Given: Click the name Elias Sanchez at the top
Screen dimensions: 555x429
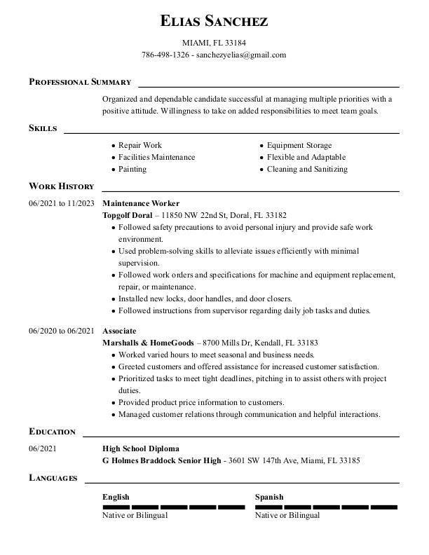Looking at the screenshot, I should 214,21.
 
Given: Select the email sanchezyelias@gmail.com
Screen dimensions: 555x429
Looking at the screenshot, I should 241,55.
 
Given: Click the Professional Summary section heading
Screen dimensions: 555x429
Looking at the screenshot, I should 80,82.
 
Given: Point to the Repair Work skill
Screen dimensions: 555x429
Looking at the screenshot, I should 140,145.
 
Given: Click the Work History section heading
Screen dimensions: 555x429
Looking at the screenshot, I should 62,186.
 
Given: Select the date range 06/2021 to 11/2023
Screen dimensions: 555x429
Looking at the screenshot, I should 62,203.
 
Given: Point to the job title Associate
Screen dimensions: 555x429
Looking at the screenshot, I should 119,331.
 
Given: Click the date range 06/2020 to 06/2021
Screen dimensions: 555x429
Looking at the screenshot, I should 62,331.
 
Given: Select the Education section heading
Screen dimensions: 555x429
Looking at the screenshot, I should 52,432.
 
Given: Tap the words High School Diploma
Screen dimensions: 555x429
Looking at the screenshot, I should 141,448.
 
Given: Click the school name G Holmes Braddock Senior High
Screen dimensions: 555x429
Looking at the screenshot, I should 162,460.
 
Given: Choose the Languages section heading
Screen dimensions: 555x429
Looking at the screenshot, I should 53,478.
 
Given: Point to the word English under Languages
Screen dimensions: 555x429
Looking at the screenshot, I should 116,497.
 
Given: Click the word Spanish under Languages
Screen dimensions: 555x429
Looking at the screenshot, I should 269,497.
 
